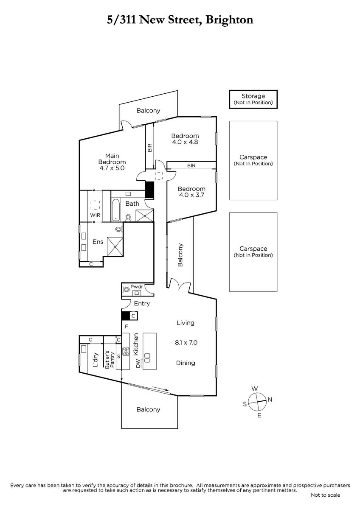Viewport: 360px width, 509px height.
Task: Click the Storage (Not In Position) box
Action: (253, 99)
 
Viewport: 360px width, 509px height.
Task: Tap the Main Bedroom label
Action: (112, 159)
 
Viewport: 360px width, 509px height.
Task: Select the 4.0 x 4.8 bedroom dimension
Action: (185, 142)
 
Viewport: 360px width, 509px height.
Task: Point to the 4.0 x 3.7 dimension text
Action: (191, 195)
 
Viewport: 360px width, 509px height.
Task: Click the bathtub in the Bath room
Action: (115, 210)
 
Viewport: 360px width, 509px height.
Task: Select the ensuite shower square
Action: (115, 246)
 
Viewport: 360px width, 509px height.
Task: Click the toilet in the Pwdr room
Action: (126, 289)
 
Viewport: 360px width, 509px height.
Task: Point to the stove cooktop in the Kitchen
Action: (126, 351)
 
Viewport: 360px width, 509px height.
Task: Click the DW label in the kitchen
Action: (138, 364)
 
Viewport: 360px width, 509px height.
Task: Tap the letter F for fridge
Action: (127, 327)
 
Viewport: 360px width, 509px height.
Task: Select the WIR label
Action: (95, 215)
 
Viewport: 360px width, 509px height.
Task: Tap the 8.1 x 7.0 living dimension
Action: (186, 342)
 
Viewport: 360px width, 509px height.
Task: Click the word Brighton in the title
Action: (229, 20)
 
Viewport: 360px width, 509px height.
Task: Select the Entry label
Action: (142, 304)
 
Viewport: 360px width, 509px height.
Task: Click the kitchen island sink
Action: (147, 358)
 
